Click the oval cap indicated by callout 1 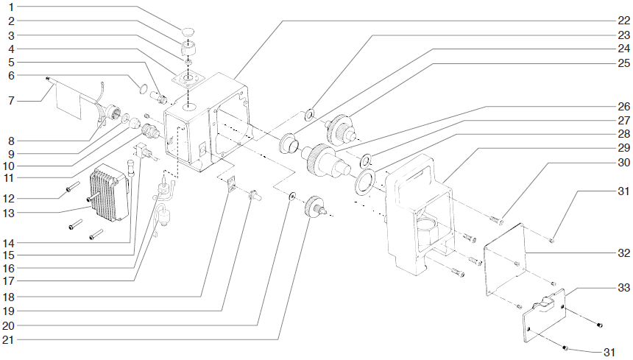[189, 32]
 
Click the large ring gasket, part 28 [365, 181]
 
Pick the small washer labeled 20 [293, 197]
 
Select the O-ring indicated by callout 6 [136, 90]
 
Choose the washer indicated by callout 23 [309, 114]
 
